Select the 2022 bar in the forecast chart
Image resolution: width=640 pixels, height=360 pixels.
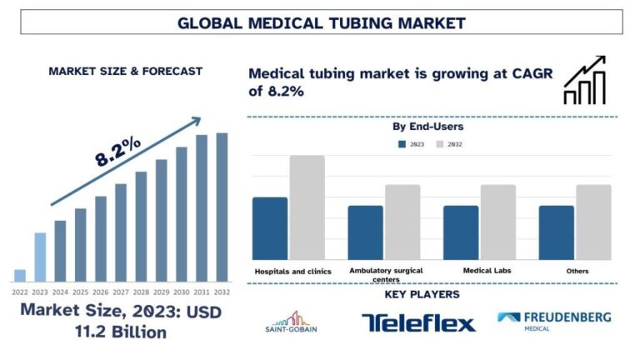[x=20, y=276]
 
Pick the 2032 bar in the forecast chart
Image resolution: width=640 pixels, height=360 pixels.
[x=222, y=207]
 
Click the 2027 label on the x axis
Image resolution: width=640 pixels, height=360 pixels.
[x=120, y=292]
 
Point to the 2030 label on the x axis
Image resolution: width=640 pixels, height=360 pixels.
[x=182, y=292]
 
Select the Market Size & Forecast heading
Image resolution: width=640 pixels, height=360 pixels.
[x=125, y=72]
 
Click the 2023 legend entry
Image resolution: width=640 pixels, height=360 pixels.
[x=412, y=144]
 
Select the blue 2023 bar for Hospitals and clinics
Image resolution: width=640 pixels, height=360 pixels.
[x=269, y=228]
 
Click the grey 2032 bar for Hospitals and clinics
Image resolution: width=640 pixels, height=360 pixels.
[x=307, y=207]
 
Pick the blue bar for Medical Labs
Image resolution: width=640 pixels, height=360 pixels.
[x=461, y=232]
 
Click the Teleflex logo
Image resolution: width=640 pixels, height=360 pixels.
[x=419, y=322]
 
